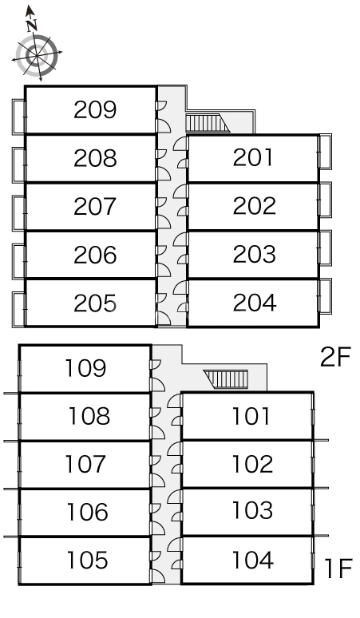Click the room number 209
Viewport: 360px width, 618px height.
95,110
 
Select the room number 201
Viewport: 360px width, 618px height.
253,157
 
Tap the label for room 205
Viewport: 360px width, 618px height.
95,303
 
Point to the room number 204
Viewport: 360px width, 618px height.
255,303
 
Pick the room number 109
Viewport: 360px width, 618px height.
85,368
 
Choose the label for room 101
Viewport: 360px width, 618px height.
251,416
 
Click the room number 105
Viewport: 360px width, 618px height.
87,560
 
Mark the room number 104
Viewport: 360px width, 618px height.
253,560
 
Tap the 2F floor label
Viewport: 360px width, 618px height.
335,358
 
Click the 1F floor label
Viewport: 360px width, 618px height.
338,568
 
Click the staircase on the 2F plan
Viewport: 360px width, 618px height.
208,123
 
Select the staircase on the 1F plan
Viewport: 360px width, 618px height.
226,379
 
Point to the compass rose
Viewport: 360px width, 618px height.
37,55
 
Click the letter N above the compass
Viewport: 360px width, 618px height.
31,26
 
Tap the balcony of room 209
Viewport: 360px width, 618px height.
19,117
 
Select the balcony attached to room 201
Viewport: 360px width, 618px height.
325,152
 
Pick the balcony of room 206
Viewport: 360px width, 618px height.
19,261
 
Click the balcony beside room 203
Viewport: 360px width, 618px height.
325,248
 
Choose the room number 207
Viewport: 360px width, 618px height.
95,207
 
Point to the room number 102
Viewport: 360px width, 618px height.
252,464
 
